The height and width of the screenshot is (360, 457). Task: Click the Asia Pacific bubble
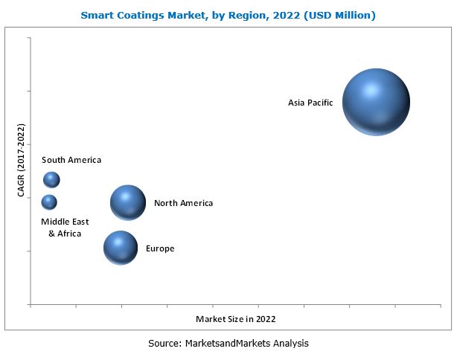tap(376, 102)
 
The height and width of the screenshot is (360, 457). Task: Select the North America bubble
tap(128, 202)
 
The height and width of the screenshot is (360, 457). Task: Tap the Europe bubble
tap(121, 248)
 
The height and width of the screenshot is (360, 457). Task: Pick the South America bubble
tap(51, 179)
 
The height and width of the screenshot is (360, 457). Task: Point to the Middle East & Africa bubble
tap(49, 202)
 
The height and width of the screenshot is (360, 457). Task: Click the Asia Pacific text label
tap(310, 102)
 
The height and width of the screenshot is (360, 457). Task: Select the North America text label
tap(183, 203)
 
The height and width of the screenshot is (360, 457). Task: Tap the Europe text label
tap(160, 248)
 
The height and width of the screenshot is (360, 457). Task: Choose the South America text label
tap(71, 160)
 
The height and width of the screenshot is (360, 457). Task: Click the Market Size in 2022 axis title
tap(236, 319)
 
